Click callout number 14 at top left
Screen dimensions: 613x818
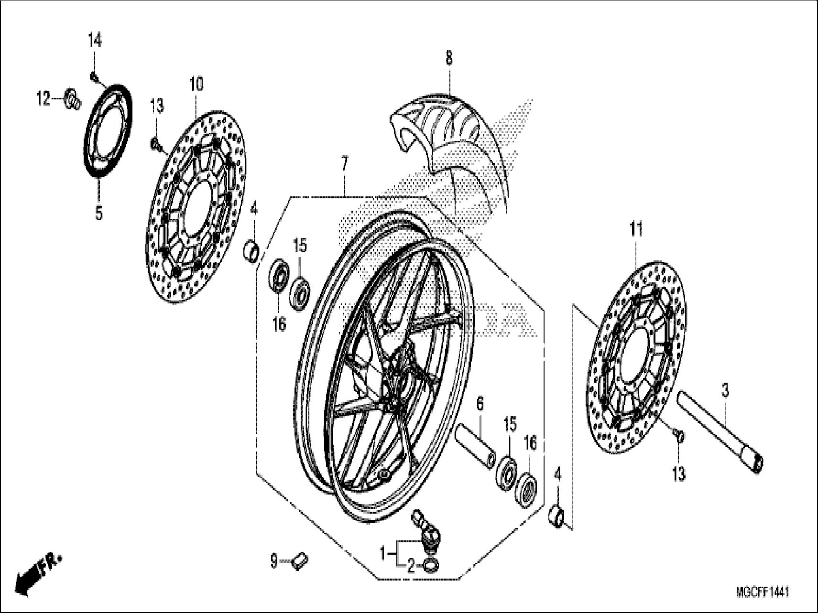(x=94, y=41)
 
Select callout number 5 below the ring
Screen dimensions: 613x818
(x=98, y=213)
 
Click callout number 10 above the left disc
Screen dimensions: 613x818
(x=196, y=85)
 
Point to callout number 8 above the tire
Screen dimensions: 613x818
(x=448, y=58)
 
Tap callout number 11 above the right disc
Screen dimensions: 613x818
(x=635, y=230)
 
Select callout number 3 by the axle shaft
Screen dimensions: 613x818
(x=725, y=391)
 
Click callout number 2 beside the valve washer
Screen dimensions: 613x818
(x=411, y=567)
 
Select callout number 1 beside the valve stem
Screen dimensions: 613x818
(x=382, y=554)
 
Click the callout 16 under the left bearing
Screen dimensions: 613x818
(x=279, y=324)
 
